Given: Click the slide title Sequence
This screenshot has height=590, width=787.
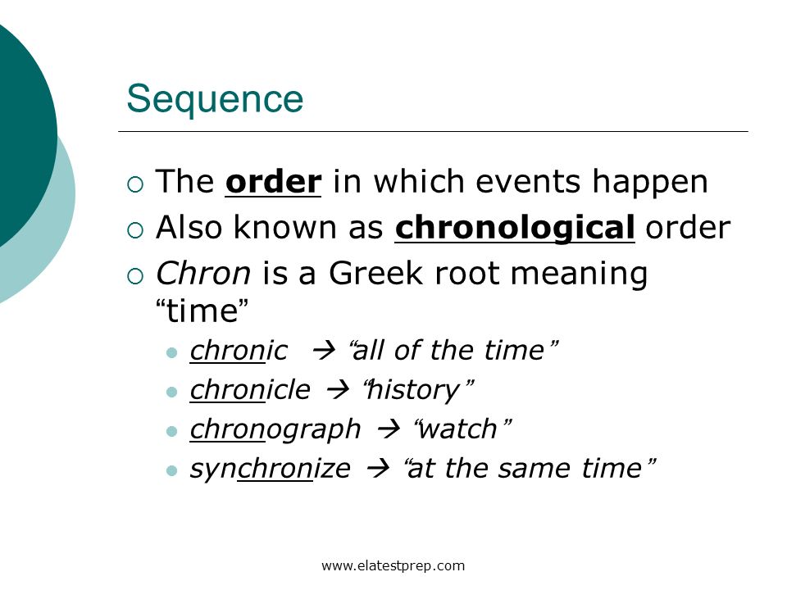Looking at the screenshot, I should pos(215,99).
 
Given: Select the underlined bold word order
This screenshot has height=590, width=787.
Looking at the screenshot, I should pos(273,182).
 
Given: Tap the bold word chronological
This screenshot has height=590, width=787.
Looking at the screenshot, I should pos(515,229).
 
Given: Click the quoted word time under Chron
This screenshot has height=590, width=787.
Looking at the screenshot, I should pos(202,312).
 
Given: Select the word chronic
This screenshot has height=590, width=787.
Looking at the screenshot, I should pos(239,351).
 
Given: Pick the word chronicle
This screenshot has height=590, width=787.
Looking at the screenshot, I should pos(250,390).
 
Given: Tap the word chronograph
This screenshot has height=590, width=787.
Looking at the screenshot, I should pos(275,429).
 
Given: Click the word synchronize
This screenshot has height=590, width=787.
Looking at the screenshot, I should pos(270,469).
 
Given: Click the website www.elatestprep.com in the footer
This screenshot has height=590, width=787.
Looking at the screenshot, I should pos(393,565).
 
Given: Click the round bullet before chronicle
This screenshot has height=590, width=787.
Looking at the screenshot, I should pos(172,392).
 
